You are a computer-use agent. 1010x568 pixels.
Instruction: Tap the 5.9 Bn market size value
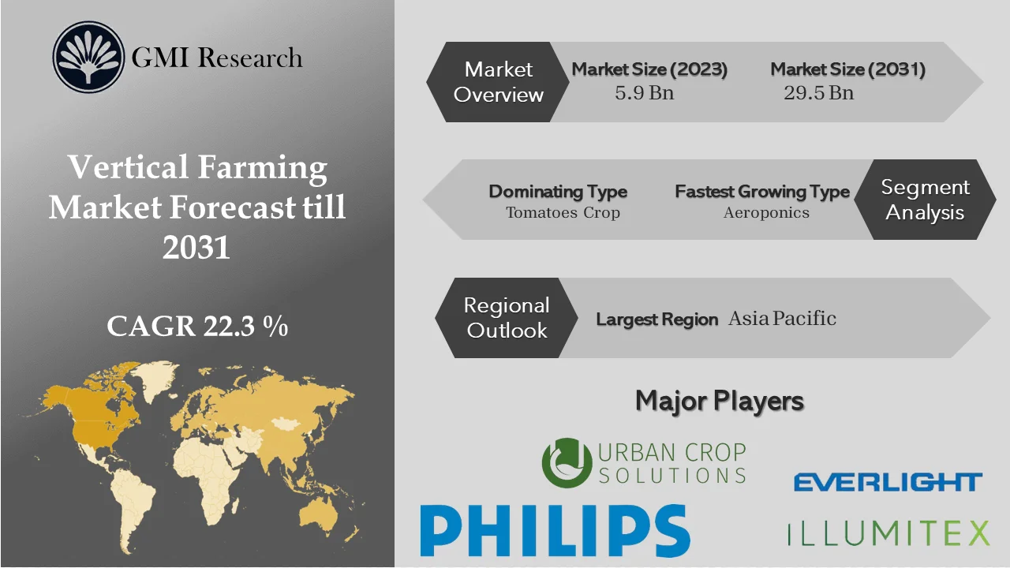point(645,92)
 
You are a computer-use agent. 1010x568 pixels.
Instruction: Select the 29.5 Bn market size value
point(818,92)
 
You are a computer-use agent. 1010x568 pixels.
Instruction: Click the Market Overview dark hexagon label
point(498,82)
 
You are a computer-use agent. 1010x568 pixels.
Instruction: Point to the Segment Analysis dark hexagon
point(925,200)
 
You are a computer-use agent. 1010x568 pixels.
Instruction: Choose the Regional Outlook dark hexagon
point(506,317)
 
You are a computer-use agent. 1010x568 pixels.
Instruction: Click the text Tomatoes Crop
point(563,213)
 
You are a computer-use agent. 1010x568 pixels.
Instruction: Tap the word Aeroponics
point(766,213)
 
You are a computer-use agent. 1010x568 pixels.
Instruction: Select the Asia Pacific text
point(782,318)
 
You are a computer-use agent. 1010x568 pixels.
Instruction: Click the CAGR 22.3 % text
point(197,326)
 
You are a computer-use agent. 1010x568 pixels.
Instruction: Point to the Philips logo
point(555,531)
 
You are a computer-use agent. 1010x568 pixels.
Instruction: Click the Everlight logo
point(888,482)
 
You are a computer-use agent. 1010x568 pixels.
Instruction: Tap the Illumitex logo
point(888,532)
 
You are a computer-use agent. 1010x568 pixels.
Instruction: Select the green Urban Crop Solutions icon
point(567,463)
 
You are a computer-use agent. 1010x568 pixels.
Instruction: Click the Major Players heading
point(720,401)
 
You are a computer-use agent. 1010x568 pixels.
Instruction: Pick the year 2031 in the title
point(196,247)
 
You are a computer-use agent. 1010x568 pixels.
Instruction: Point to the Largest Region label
point(656,319)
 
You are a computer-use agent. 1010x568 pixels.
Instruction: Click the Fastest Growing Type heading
point(761,192)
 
